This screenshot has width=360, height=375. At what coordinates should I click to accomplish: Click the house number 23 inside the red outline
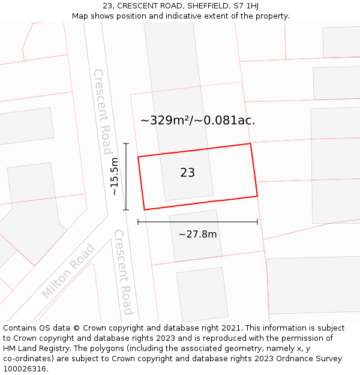(187, 173)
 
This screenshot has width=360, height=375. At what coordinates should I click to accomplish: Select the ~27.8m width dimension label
(197, 234)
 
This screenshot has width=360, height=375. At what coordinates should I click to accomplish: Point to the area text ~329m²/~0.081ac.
(197, 120)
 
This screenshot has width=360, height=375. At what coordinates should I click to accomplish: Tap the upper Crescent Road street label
(101, 111)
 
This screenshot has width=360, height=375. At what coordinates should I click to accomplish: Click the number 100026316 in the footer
(24, 369)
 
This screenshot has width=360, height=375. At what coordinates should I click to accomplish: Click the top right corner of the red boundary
(250, 143)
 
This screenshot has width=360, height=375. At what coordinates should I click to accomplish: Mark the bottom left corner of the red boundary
(145, 210)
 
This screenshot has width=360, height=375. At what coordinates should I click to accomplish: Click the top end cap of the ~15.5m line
(126, 143)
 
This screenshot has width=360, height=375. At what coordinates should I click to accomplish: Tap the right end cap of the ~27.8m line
(257, 222)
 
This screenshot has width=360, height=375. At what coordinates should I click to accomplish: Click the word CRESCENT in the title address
(139, 5)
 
